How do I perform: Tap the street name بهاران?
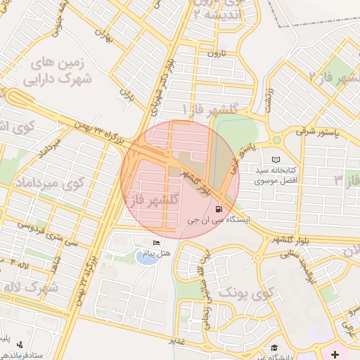tap(106, 34)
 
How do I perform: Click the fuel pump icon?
tap(219, 209)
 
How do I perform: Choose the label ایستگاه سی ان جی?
tap(219, 220)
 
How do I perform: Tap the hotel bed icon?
tap(156, 243)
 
